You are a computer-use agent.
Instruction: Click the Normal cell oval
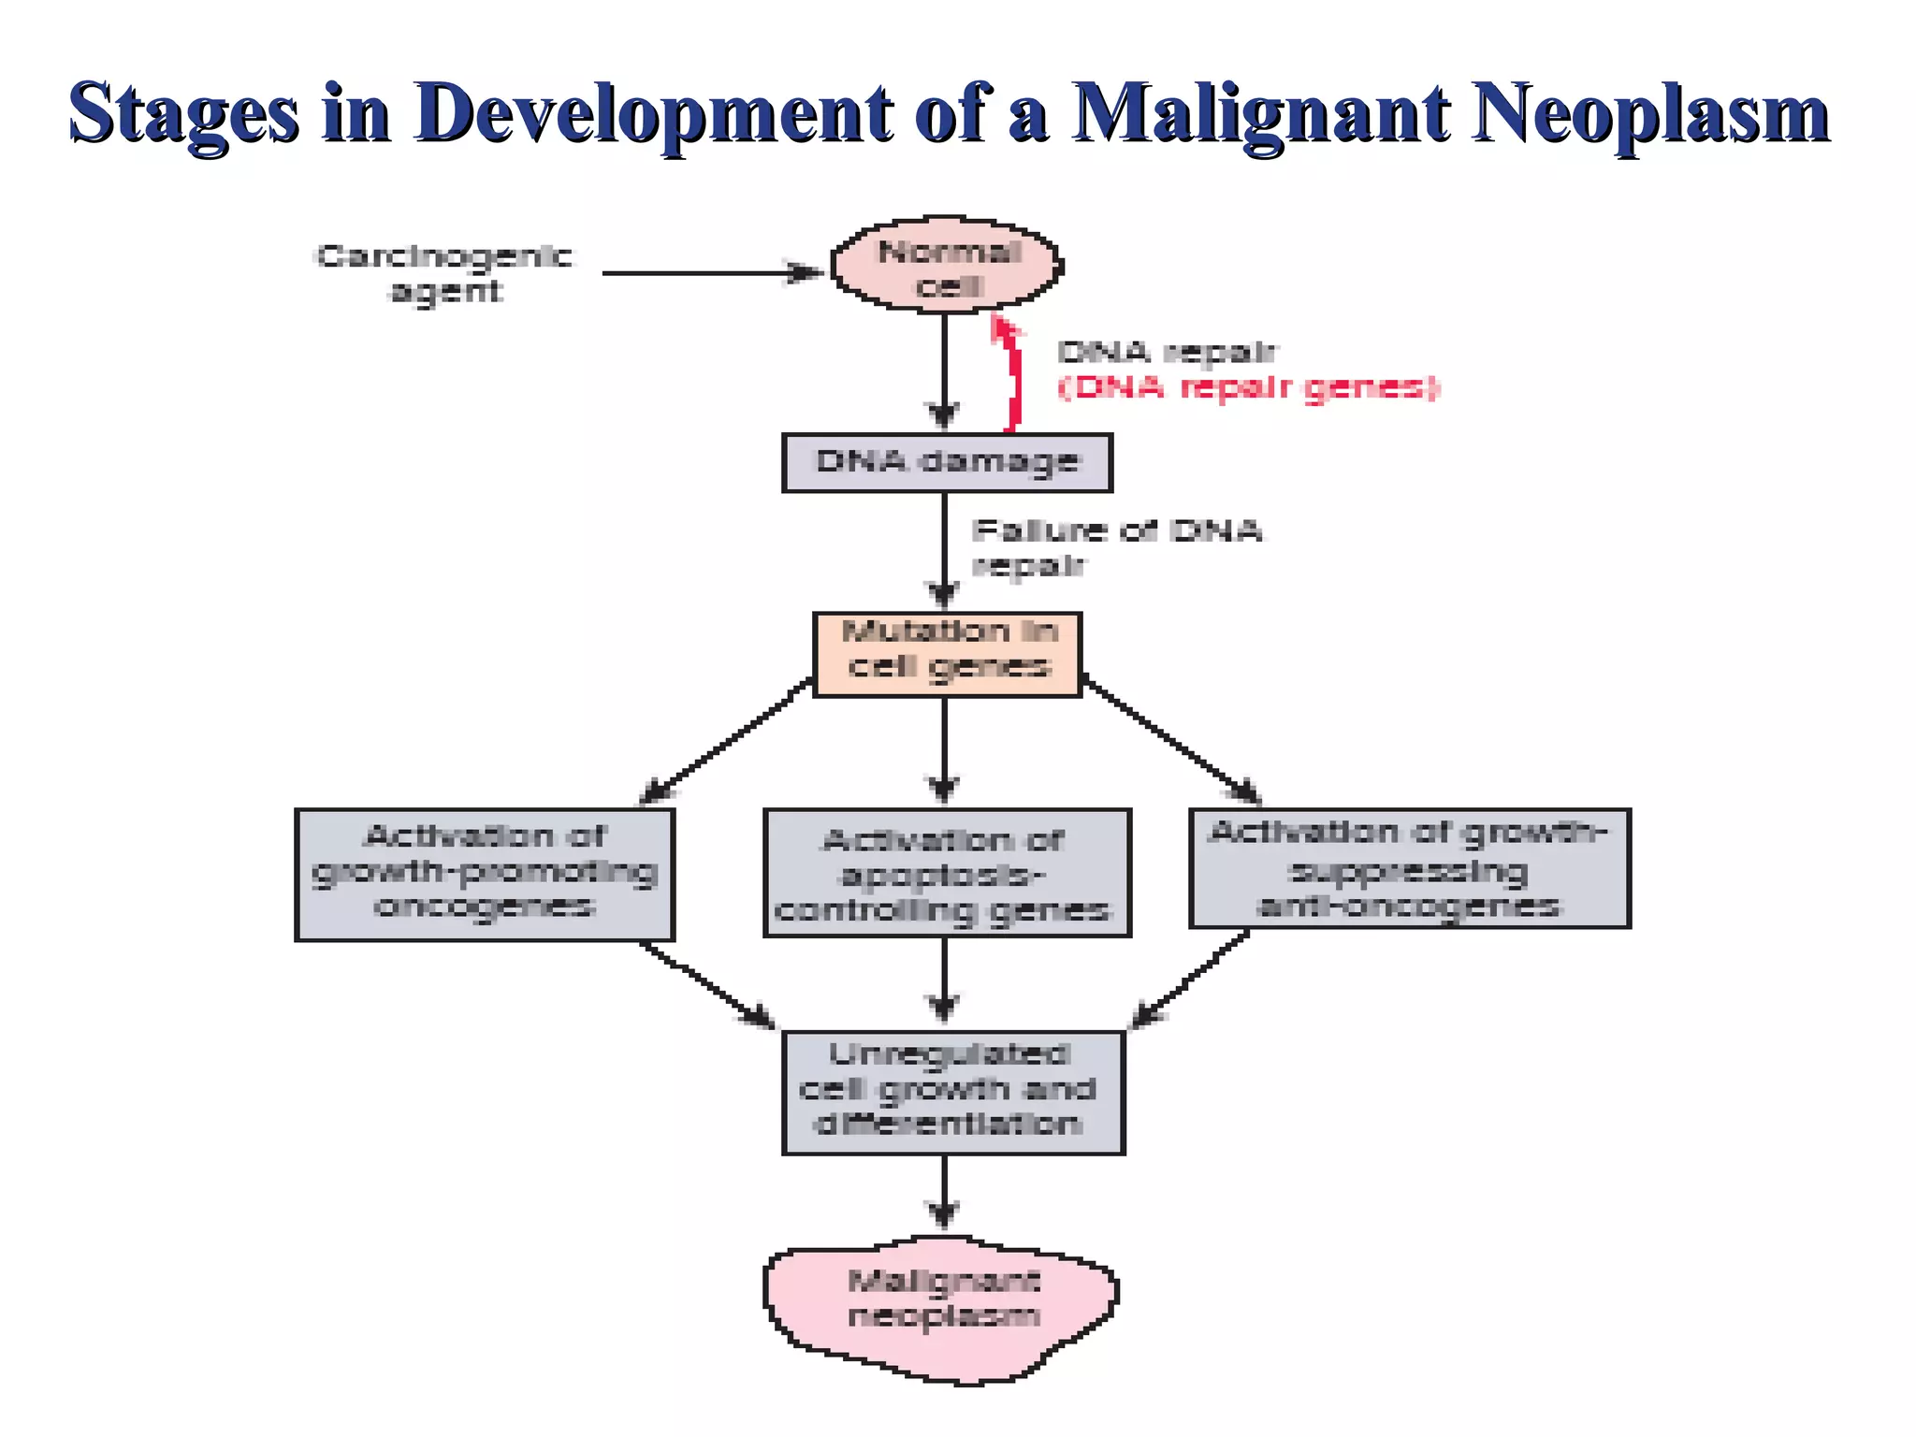click(x=947, y=267)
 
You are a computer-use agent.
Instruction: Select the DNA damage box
click(x=947, y=462)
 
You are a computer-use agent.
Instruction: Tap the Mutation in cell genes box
click(x=947, y=654)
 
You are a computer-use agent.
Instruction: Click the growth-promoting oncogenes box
click(x=485, y=874)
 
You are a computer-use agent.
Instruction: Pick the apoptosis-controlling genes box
click(x=947, y=874)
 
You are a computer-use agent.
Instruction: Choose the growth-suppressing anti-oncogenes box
click(x=1409, y=868)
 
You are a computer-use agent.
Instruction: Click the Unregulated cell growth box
click(x=952, y=1092)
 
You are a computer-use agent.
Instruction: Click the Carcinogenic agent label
click(x=444, y=273)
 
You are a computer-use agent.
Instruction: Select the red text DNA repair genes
click(x=1248, y=387)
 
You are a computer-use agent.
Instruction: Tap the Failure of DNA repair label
click(x=1115, y=547)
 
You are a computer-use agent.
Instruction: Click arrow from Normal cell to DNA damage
click(x=943, y=370)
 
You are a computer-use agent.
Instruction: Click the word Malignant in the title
click(x=1259, y=113)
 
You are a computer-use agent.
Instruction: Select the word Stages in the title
click(x=183, y=113)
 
